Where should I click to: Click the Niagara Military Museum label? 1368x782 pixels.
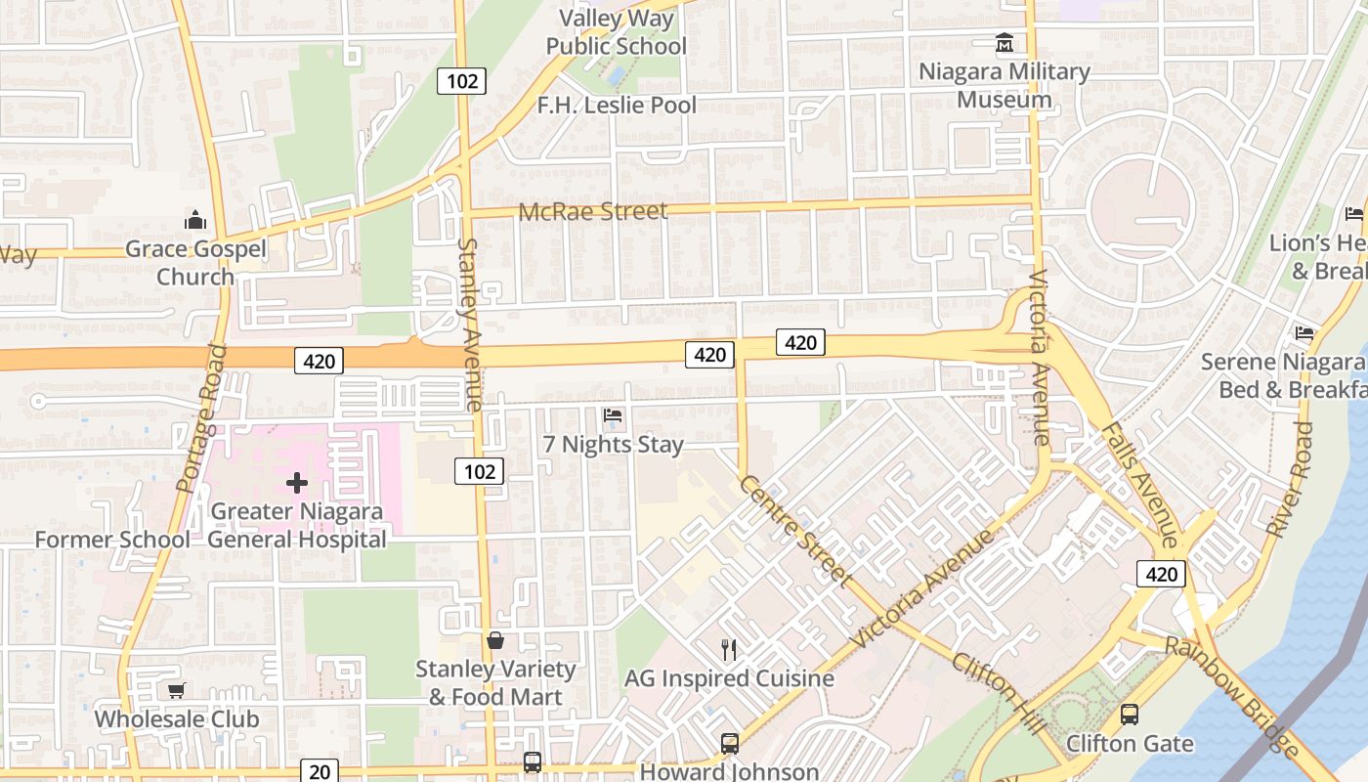[x=1004, y=85]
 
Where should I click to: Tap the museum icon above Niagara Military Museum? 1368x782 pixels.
[x=1005, y=43]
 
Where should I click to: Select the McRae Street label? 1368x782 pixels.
[x=593, y=211]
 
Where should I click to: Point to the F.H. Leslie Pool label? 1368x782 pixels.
[x=617, y=105]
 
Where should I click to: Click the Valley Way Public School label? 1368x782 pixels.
[x=616, y=32]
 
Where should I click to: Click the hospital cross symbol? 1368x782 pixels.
[x=297, y=482]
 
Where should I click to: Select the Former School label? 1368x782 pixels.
[x=112, y=540]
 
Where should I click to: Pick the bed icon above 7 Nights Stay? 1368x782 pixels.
[x=613, y=415]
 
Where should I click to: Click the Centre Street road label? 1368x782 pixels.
[x=794, y=530]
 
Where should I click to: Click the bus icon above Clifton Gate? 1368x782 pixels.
[x=1130, y=715]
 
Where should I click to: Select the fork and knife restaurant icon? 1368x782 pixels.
[x=729, y=650]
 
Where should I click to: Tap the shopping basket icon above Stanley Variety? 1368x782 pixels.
[x=495, y=641]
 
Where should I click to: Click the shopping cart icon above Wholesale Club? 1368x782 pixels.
[x=177, y=691]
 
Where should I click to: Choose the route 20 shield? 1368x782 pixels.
[x=320, y=771]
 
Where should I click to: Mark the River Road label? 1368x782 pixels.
[x=1290, y=480]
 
